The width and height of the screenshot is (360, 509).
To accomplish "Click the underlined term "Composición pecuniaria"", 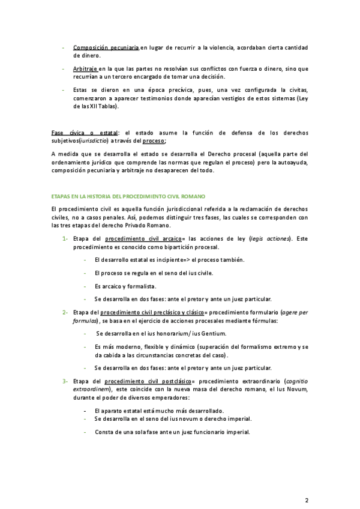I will coord(106,48).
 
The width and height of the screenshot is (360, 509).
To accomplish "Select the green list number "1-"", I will coord(64,239).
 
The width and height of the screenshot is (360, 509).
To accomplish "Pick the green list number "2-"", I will coord(64,313).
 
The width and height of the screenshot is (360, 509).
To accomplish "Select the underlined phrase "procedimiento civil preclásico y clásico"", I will coord(152,313).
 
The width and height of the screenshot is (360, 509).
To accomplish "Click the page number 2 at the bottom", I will coord(307,483).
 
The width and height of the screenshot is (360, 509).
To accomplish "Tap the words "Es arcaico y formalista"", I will coord(125,286).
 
